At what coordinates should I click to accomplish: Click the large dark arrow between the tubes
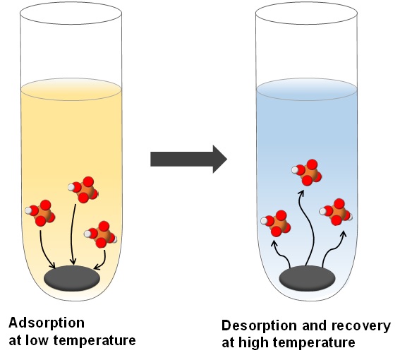coord(188,160)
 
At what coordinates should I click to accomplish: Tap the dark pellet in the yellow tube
coord(72,278)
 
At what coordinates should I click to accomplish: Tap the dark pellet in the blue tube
coord(307,278)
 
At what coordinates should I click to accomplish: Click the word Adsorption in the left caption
coord(47,323)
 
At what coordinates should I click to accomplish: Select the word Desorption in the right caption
coord(260,326)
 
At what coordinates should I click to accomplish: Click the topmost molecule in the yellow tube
coord(83,189)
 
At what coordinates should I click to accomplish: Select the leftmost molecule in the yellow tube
coord(40,213)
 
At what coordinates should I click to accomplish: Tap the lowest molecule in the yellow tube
coord(100,234)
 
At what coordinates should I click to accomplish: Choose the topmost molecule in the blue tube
coord(307,172)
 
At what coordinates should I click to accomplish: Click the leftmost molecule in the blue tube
coord(276,223)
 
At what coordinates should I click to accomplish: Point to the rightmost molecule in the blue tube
coord(336,212)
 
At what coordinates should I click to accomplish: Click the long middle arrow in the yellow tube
coord(72,234)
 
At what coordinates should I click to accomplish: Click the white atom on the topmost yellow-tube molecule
coord(71,187)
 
